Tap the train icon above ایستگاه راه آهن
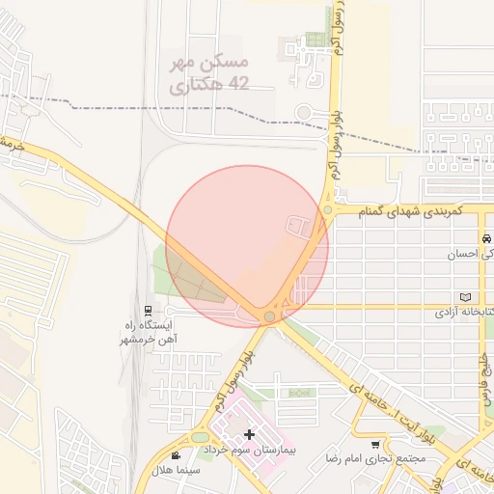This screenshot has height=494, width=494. coord(148,311)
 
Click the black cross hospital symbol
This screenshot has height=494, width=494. coord(249,435)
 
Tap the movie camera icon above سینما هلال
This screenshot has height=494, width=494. coord(175,455)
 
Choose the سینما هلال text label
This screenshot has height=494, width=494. coord(181,469)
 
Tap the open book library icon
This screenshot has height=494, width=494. coord(468,296)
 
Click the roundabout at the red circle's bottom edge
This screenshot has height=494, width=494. coord(270,316)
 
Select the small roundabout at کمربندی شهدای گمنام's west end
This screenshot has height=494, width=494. coord(328,209)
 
